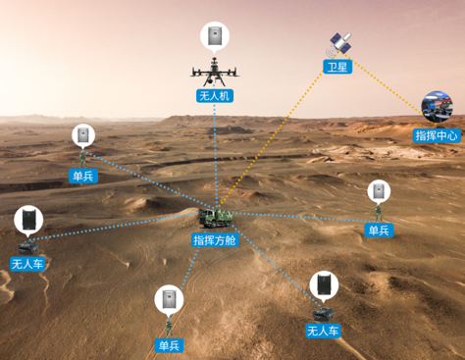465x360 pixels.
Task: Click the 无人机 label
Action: click(213, 95)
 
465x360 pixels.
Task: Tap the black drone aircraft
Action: click(213, 72)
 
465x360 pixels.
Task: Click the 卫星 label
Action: click(337, 67)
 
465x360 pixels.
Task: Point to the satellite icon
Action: click(339, 43)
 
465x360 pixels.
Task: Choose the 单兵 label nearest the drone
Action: click(82, 177)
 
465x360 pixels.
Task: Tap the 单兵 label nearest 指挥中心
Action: click(378, 230)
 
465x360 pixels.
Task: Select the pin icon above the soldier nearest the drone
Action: click(83, 134)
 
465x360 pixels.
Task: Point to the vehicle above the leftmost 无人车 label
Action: click(26, 245)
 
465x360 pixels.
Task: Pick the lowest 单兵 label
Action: click(170, 345)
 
